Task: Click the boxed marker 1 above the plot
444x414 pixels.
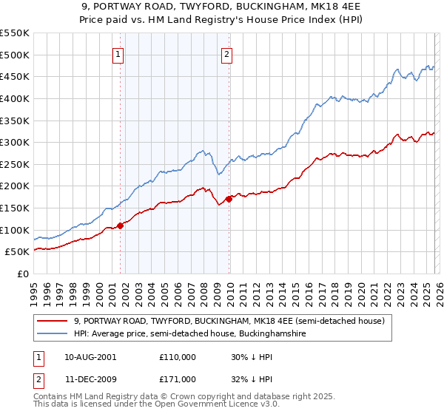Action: pyautogui.click(x=119, y=53)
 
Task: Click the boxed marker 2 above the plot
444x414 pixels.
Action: pyautogui.click(x=226, y=53)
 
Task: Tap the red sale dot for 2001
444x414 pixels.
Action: pyautogui.click(x=120, y=225)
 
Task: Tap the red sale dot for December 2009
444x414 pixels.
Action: pyautogui.click(x=229, y=199)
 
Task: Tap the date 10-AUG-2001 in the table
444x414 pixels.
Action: pyautogui.click(x=90, y=356)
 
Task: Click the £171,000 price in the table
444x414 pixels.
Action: pyautogui.click(x=178, y=379)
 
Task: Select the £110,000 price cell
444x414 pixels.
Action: pyautogui.click(x=178, y=356)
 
